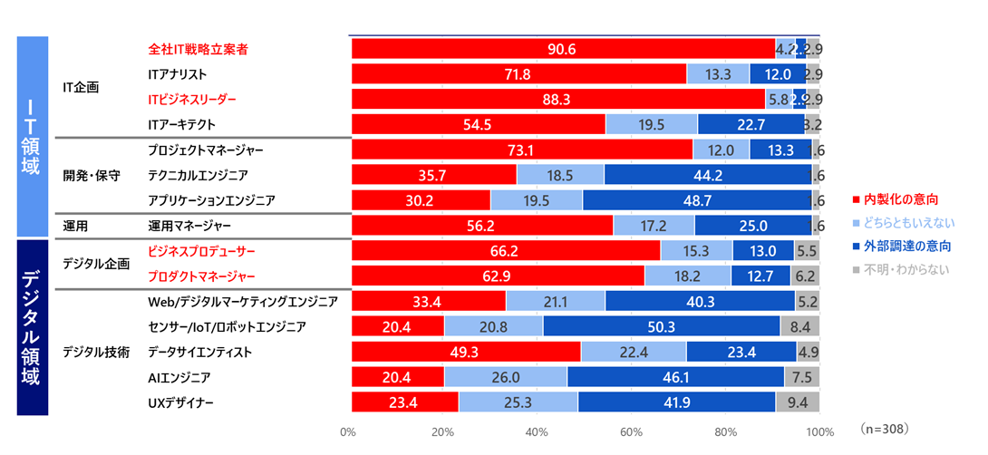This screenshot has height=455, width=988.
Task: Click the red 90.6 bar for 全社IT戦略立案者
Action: pyautogui.click(x=562, y=49)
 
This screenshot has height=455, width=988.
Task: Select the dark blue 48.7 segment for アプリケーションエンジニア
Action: pyautogui.click(x=697, y=199)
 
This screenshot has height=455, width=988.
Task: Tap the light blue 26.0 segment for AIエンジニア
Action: pyautogui.click(x=506, y=376)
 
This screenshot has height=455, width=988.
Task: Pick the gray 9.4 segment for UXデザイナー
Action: pyautogui.click(x=798, y=402)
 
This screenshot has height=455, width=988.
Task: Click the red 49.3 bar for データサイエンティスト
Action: pyautogui.click(x=466, y=351)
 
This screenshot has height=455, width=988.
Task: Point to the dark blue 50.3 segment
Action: pyautogui.click(x=661, y=326)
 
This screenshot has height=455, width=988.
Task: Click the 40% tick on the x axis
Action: pyautogui.click(x=538, y=431)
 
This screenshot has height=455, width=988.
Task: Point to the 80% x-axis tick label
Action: pyautogui.click(x=726, y=431)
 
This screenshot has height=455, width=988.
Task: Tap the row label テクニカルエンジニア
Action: pyautogui.click(x=197, y=174)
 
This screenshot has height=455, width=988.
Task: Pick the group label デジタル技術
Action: pyautogui.click(x=95, y=351)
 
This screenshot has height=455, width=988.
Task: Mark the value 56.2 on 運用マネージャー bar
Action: pyautogui.click(x=482, y=225)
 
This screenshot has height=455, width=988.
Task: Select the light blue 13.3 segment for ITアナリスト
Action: pyautogui.click(x=718, y=74)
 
